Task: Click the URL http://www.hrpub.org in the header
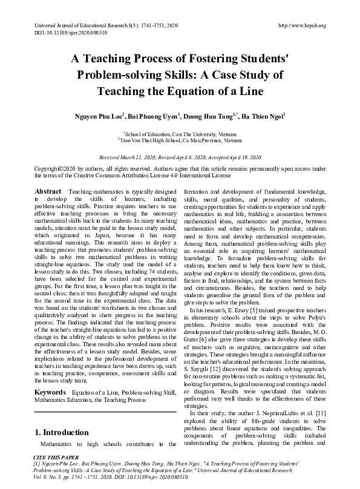[302, 25]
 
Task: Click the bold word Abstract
[48, 191]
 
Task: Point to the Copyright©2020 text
[58, 168]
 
